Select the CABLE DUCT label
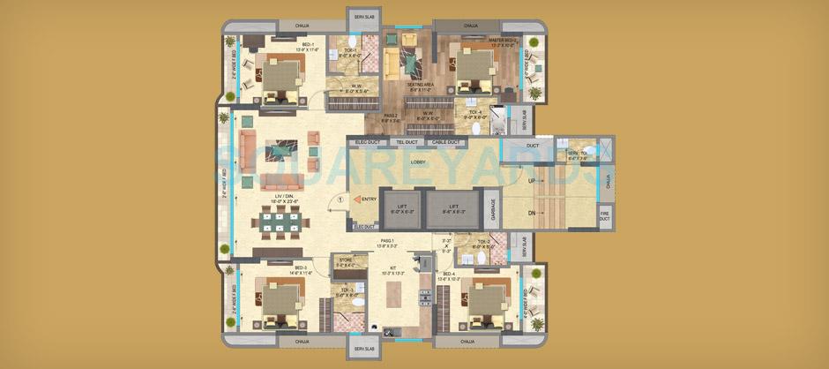[x=445, y=142]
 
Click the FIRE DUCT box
[x=605, y=215]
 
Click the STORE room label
[x=346, y=260]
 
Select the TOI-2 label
[x=483, y=241]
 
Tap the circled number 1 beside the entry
[x=328, y=200]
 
